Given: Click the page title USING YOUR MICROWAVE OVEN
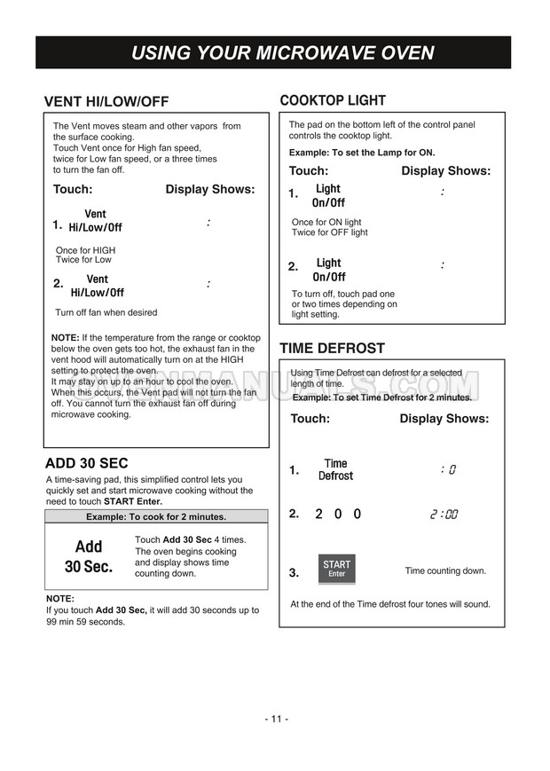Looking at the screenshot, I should [x=282, y=52].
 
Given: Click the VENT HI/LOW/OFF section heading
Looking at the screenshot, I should [x=106, y=101].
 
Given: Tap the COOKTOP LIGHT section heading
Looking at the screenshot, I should [x=332, y=100].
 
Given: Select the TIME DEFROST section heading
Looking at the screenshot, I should [x=332, y=348].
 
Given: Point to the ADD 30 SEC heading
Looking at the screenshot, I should [x=86, y=463].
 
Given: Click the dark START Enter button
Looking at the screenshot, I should [x=336, y=569].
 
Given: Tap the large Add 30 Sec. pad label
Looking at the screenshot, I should [x=89, y=556].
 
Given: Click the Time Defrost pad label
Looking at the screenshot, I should [x=335, y=469].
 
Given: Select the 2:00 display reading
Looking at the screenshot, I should [x=444, y=515].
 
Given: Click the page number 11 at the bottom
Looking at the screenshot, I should [x=276, y=719].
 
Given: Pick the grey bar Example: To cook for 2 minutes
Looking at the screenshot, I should [x=155, y=516].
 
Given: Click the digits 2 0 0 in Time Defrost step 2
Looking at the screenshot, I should [x=337, y=514].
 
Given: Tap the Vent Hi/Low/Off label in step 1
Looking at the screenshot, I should [x=95, y=221].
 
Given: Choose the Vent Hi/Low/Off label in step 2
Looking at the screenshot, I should [x=97, y=286].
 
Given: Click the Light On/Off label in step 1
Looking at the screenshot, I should [x=328, y=195].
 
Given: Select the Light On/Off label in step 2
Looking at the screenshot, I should [x=328, y=270].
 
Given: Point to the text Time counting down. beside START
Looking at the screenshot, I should [x=445, y=570].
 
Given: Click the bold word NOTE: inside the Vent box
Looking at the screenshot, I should [x=65, y=338].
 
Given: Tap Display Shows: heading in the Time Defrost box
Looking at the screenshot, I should [x=444, y=419].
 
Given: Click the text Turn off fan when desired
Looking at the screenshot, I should [x=106, y=312].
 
